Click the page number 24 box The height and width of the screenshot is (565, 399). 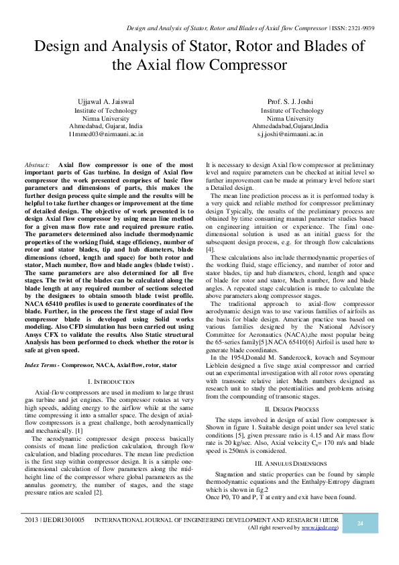(359, 523)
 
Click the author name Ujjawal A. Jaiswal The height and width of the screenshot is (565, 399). (106, 101)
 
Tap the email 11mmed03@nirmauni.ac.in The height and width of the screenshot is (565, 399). (106, 134)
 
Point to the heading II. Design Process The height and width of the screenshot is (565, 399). (292, 408)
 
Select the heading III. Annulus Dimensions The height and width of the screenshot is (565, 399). (291, 464)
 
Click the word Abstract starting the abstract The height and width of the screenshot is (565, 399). (37, 164)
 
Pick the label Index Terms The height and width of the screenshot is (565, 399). (40, 364)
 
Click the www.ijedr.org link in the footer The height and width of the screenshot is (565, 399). (319, 527)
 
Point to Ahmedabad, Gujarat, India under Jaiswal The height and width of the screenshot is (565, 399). (106, 125)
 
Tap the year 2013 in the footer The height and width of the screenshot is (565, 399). (30, 520)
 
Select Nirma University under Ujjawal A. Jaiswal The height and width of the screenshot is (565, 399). (106, 117)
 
